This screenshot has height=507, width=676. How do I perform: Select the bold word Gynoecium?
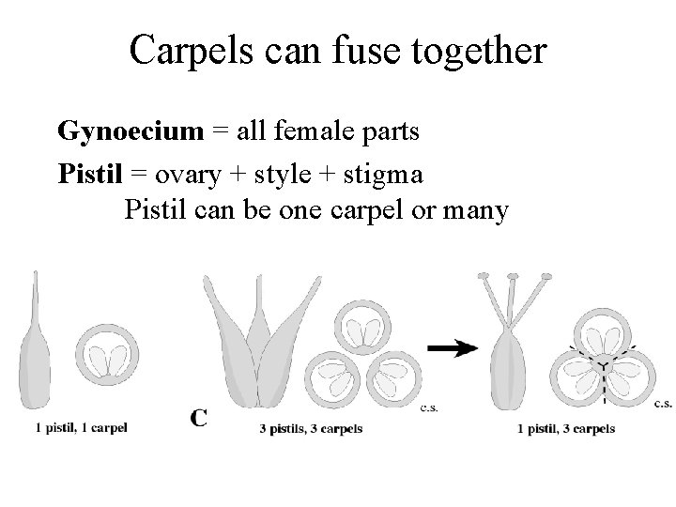(x=130, y=131)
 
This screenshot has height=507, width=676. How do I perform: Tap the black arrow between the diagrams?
(x=451, y=346)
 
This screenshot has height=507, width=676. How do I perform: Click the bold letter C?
(x=198, y=417)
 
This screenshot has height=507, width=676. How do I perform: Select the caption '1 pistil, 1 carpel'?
(x=81, y=428)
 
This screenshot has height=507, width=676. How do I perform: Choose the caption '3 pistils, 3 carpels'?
(x=310, y=429)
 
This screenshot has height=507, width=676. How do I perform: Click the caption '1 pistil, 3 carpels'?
(x=566, y=429)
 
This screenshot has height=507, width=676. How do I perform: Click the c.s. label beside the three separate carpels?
(x=428, y=407)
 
